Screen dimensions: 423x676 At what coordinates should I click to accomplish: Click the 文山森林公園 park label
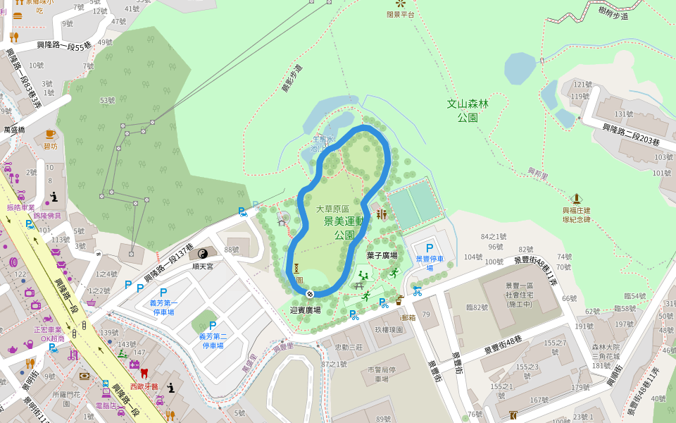[468, 110]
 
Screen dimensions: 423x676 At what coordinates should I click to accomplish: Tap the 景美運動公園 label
[344, 228]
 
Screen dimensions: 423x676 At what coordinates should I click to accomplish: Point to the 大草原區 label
[332, 209]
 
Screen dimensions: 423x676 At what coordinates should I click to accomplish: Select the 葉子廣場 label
[382, 255]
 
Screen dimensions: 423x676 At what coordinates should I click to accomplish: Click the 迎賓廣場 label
[305, 309]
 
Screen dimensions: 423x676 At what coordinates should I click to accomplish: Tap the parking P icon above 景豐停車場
[429, 248]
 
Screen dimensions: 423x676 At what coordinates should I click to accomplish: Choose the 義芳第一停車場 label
[163, 307]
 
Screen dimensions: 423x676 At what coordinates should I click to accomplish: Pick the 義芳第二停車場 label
[213, 341]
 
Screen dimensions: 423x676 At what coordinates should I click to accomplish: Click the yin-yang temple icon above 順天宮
[202, 254]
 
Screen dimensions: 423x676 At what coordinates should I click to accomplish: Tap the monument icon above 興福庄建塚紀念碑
[576, 198]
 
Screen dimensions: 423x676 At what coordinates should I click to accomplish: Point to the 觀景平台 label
[401, 14]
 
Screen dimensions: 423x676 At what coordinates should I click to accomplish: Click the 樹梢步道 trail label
[613, 13]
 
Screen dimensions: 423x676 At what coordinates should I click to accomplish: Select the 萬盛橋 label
[14, 130]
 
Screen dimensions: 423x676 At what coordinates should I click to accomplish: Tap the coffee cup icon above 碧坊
[50, 134]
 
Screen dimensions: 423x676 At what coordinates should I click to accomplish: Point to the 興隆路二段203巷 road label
[631, 135]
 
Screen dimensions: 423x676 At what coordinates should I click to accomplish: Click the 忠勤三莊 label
[348, 347]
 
